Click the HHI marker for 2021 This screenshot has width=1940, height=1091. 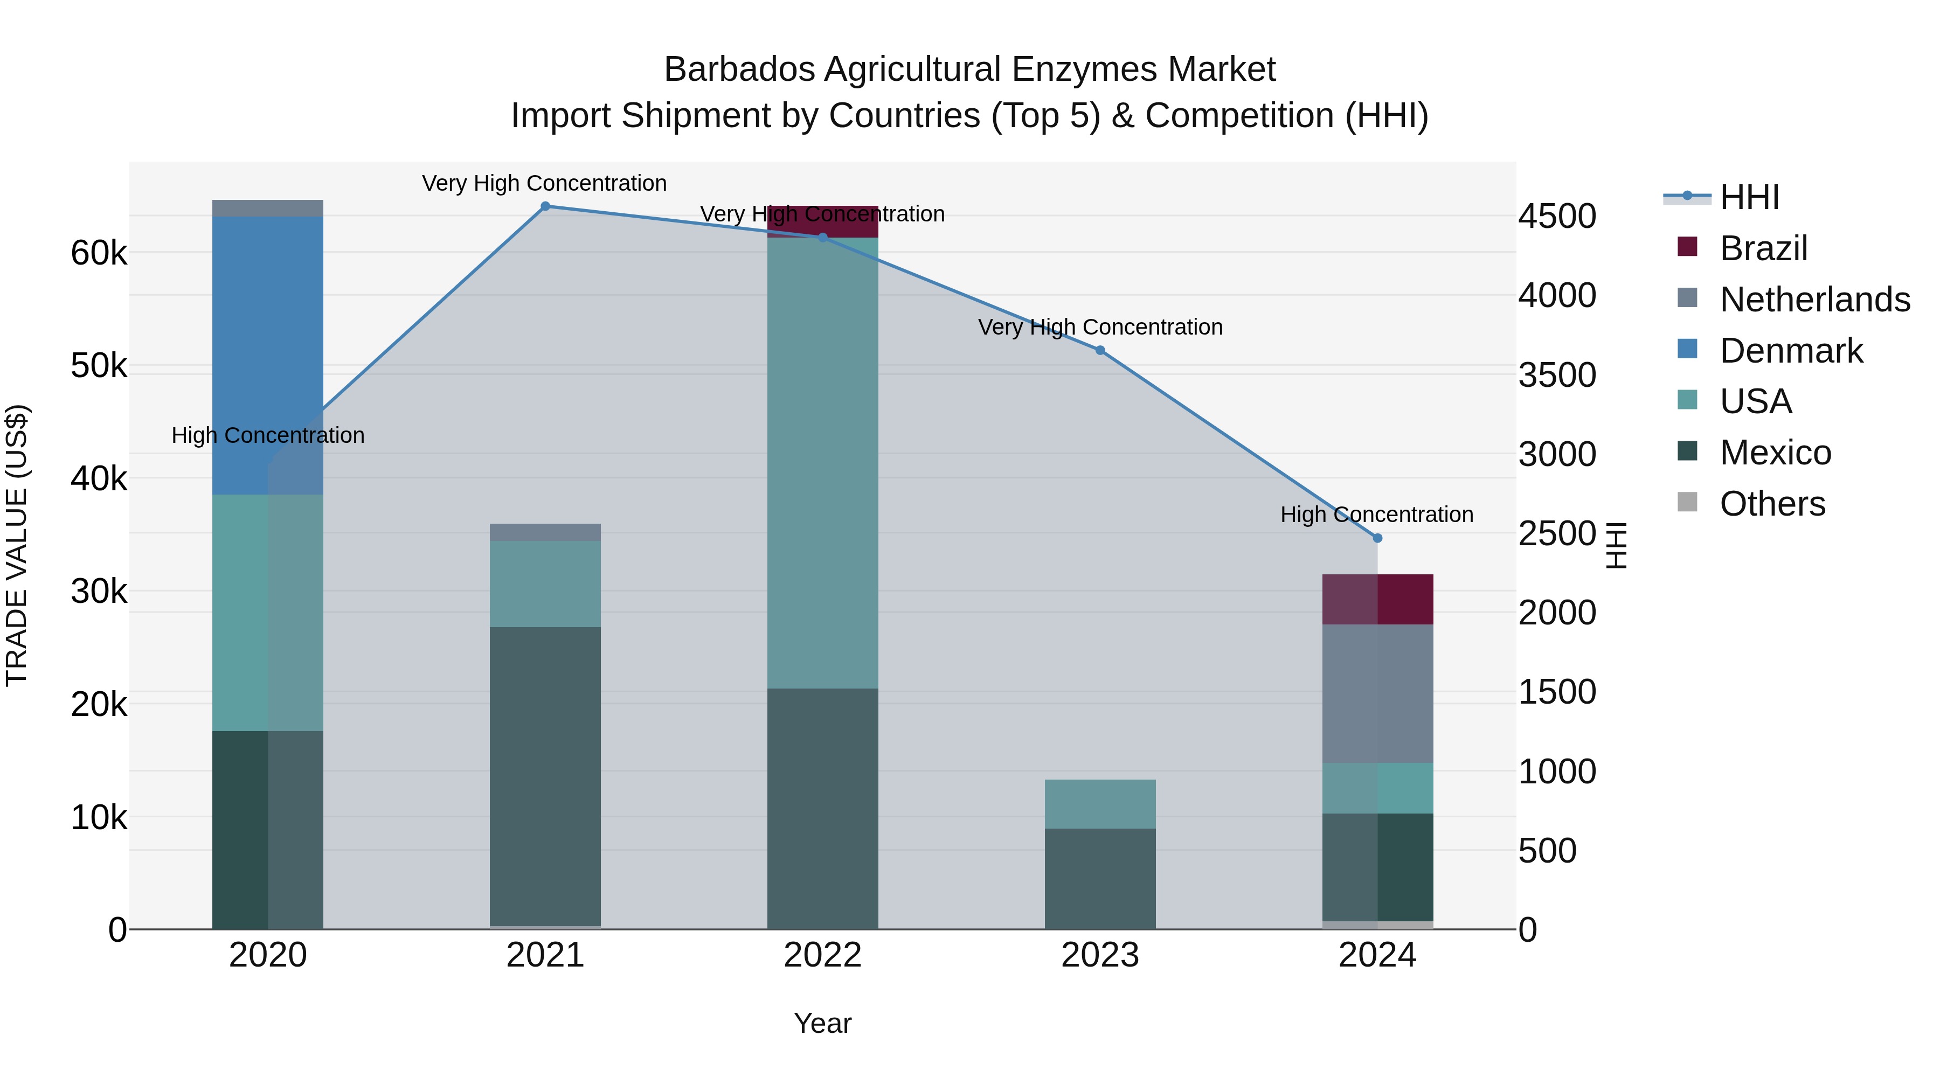tap(545, 206)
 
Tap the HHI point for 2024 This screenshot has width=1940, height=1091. tap(1377, 538)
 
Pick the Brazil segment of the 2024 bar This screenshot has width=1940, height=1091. tap(1377, 599)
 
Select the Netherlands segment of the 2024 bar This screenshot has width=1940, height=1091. tap(1377, 693)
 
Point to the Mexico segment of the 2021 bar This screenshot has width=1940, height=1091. tap(545, 775)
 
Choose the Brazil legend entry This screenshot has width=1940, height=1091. tap(1763, 248)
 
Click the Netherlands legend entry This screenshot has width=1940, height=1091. tap(1814, 300)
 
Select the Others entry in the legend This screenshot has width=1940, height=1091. tap(1772, 504)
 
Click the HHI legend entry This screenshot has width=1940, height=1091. tap(1749, 197)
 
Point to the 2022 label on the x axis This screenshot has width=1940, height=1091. tap(822, 955)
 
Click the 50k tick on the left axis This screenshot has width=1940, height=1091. tap(99, 366)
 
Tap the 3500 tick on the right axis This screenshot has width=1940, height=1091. tap(1557, 375)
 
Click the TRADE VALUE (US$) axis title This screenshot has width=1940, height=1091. tap(17, 545)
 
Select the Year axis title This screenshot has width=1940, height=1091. tap(822, 1023)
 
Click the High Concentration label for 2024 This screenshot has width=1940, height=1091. tap(1377, 515)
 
